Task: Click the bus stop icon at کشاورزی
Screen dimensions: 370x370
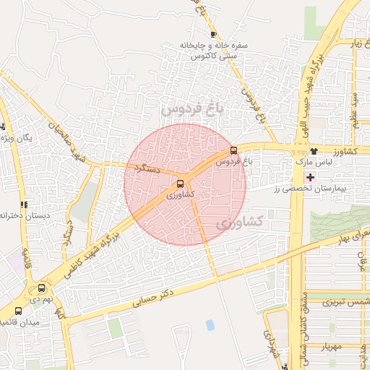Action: (x=181, y=184)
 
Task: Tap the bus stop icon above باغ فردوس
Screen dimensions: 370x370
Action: (x=233, y=150)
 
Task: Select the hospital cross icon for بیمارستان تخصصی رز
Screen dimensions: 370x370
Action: (x=311, y=177)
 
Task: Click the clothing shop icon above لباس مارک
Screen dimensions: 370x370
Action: (x=314, y=151)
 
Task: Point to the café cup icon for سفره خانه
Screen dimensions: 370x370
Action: (x=213, y=34)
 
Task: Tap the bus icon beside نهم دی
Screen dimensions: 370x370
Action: (x=41, y=288)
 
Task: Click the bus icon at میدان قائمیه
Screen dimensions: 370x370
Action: (x=18, y=311)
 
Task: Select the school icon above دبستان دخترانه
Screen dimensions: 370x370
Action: (x=24, y=205)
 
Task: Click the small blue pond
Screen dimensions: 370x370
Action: (x=210, y=325)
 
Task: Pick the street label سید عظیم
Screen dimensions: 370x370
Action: (x=356, y=108)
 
